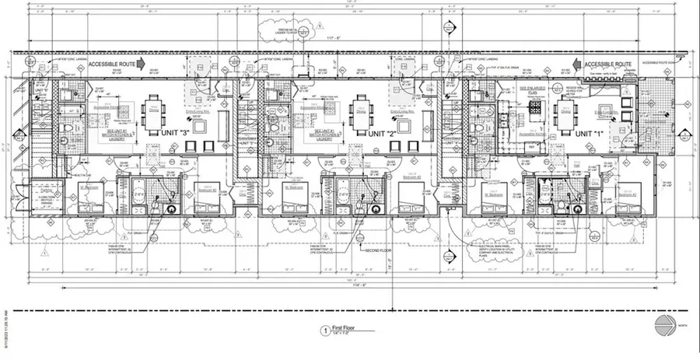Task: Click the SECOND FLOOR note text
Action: coord(376,250)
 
